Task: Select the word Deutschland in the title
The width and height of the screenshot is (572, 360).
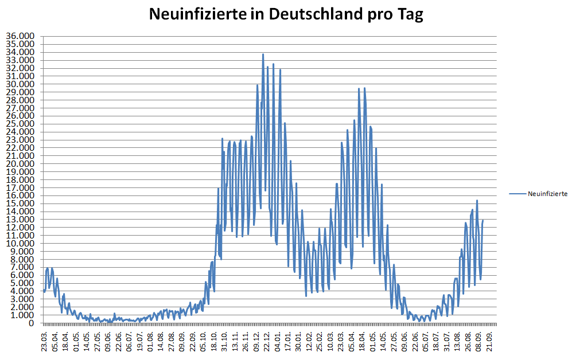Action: pyautogui.click(x=307, y=14)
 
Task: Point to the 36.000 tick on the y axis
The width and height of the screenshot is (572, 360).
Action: pyautogui.click(x=20, y=36)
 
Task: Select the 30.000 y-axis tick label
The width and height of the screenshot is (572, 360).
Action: pyautogui.click(x=20, y=84)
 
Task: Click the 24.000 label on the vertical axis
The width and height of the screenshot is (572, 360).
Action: pyautogui.click(x=20, y=132)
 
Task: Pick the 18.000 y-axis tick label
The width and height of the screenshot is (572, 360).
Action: pyautogui.click(x=20, y=179)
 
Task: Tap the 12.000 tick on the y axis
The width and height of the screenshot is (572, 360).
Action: pyautogui.click(x=20, y=228)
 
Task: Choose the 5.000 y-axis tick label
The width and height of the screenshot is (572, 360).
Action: pyautogui.click(x=22, y=283)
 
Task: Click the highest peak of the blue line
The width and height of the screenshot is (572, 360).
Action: pyautogui.click(x=263, y=54)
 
